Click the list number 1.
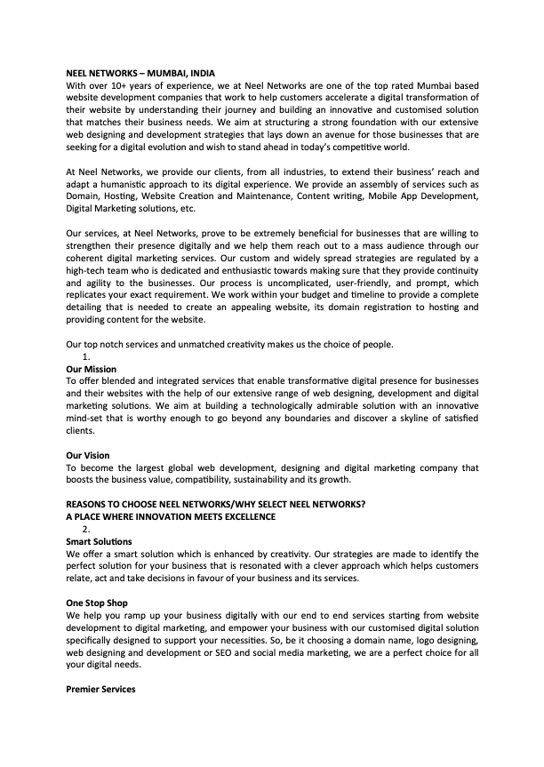point(86,356)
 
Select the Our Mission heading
point(92,368)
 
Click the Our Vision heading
point(88,455)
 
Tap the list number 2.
point(86,529)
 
